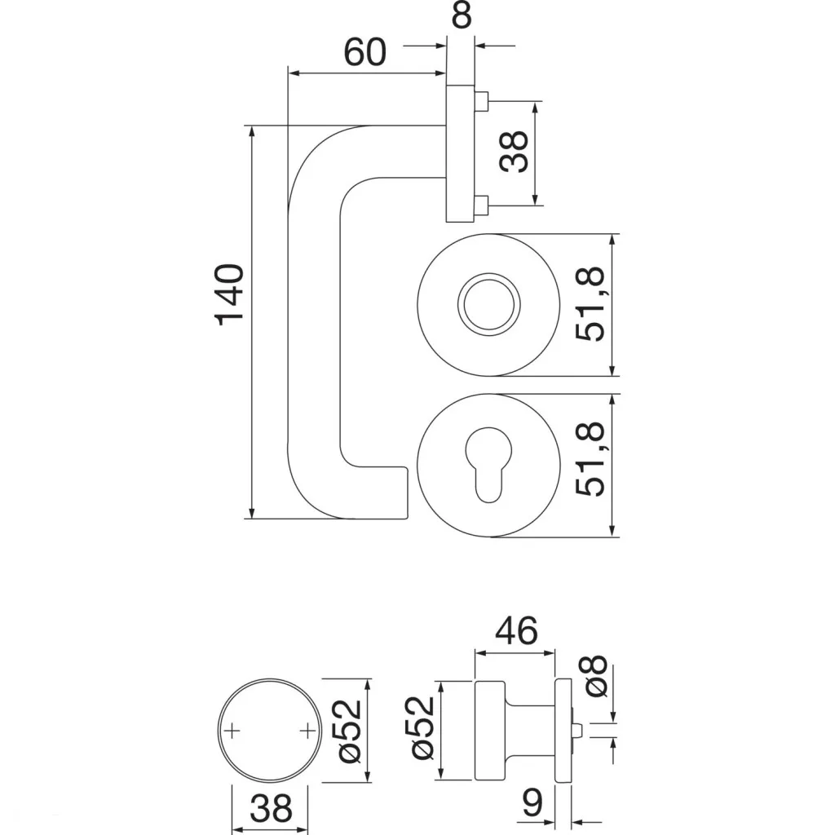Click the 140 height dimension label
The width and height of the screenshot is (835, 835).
231,294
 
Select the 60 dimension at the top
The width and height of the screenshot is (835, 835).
364,53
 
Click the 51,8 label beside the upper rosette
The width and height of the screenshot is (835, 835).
591,305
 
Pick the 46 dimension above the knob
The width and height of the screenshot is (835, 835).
516,630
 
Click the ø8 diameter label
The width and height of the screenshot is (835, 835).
596,676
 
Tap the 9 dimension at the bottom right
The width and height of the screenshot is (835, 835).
533,806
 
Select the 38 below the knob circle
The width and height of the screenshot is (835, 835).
271,810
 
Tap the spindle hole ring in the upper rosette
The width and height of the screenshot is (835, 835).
487,306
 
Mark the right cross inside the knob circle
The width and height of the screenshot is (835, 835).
308,730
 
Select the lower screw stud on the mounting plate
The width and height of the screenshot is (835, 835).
482,204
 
